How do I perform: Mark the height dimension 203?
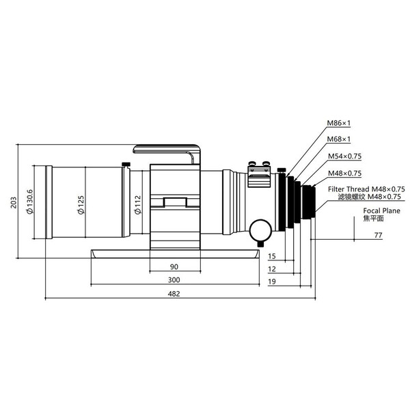tap(9, 203)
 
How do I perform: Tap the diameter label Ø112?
tap(137, 203)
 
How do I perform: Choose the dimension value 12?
tap(272, 269)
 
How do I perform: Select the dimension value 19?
tap(272, 282)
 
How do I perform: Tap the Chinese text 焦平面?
tap(374, 219)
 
